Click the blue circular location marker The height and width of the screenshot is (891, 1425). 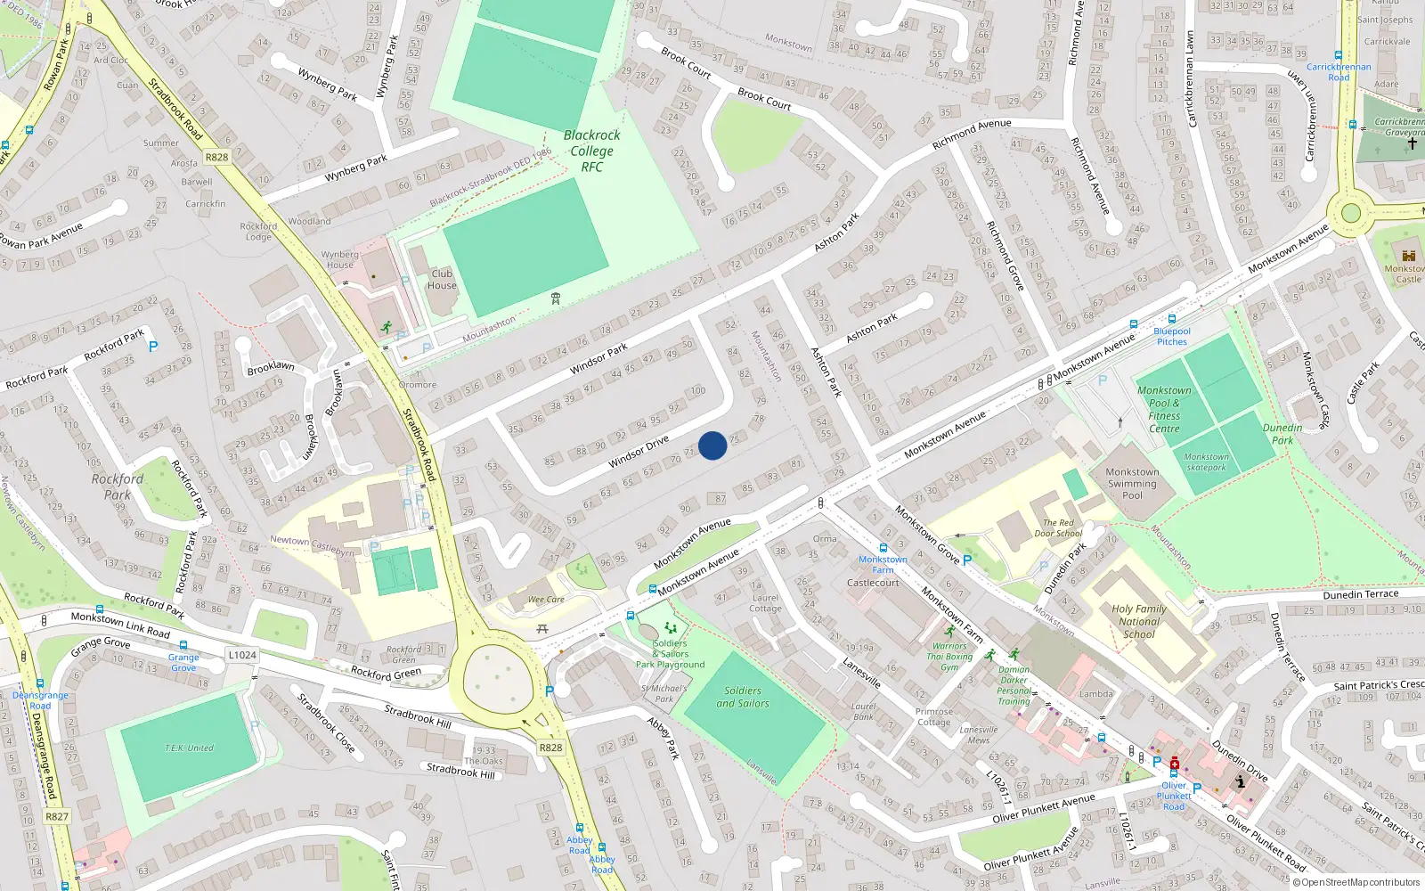pyautogui.click(x=712, y=445)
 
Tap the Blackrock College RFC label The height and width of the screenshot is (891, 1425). pyautogui.click(x=591, y=151)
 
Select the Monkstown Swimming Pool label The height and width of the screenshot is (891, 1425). pyautogui.click(x=1132, y=484)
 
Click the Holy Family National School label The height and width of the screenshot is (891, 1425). pyautogui.click(x=1138, y=622)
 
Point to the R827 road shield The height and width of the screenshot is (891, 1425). pyautogui.click(x=57, y=816)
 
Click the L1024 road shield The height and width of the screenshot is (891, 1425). pyautogui.click(x=241, y=655)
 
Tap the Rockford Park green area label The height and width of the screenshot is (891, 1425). pyautogui.click(x=117, y=486)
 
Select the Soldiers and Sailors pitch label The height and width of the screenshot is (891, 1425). pyautogui.click(x=743, y=697)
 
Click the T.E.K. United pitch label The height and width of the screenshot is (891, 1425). pyautogui.click(x=189, y=748)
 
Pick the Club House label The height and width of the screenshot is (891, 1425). pyautogui.click(x=442, y=280)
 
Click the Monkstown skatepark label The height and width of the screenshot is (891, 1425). pyautogui.click(x=1206, y=462)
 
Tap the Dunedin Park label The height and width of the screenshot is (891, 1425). pyautogui.click(x=1282, y=434)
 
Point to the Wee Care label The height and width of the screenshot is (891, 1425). pyautogui.click(x=546, y=600)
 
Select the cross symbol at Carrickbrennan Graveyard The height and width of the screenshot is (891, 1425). pyautogui.click(x=1412, y=143)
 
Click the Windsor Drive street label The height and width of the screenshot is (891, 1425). pyautogui.click(x=639, y=453)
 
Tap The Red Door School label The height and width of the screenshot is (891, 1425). pyautogui.click(x=1058, y=528)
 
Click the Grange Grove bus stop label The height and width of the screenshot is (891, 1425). pyautogui.click(x=183, y=662)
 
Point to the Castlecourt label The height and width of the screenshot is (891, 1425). pyautogui.click(x=873, y=583)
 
